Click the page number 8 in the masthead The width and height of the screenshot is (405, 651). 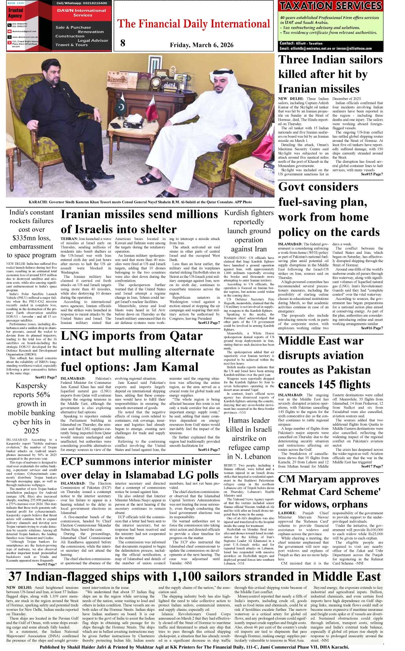tap(123, 43)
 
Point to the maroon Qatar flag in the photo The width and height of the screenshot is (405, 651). tap(150, 109)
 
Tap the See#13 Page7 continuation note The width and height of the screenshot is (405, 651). tap(209, 323)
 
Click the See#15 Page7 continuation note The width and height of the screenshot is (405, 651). tap(372, 174)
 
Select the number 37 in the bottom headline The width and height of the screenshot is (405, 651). tap(15, 577)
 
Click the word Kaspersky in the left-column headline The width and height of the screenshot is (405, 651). tap(32, 385)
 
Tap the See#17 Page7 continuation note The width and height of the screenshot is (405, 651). tap(372, 467)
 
